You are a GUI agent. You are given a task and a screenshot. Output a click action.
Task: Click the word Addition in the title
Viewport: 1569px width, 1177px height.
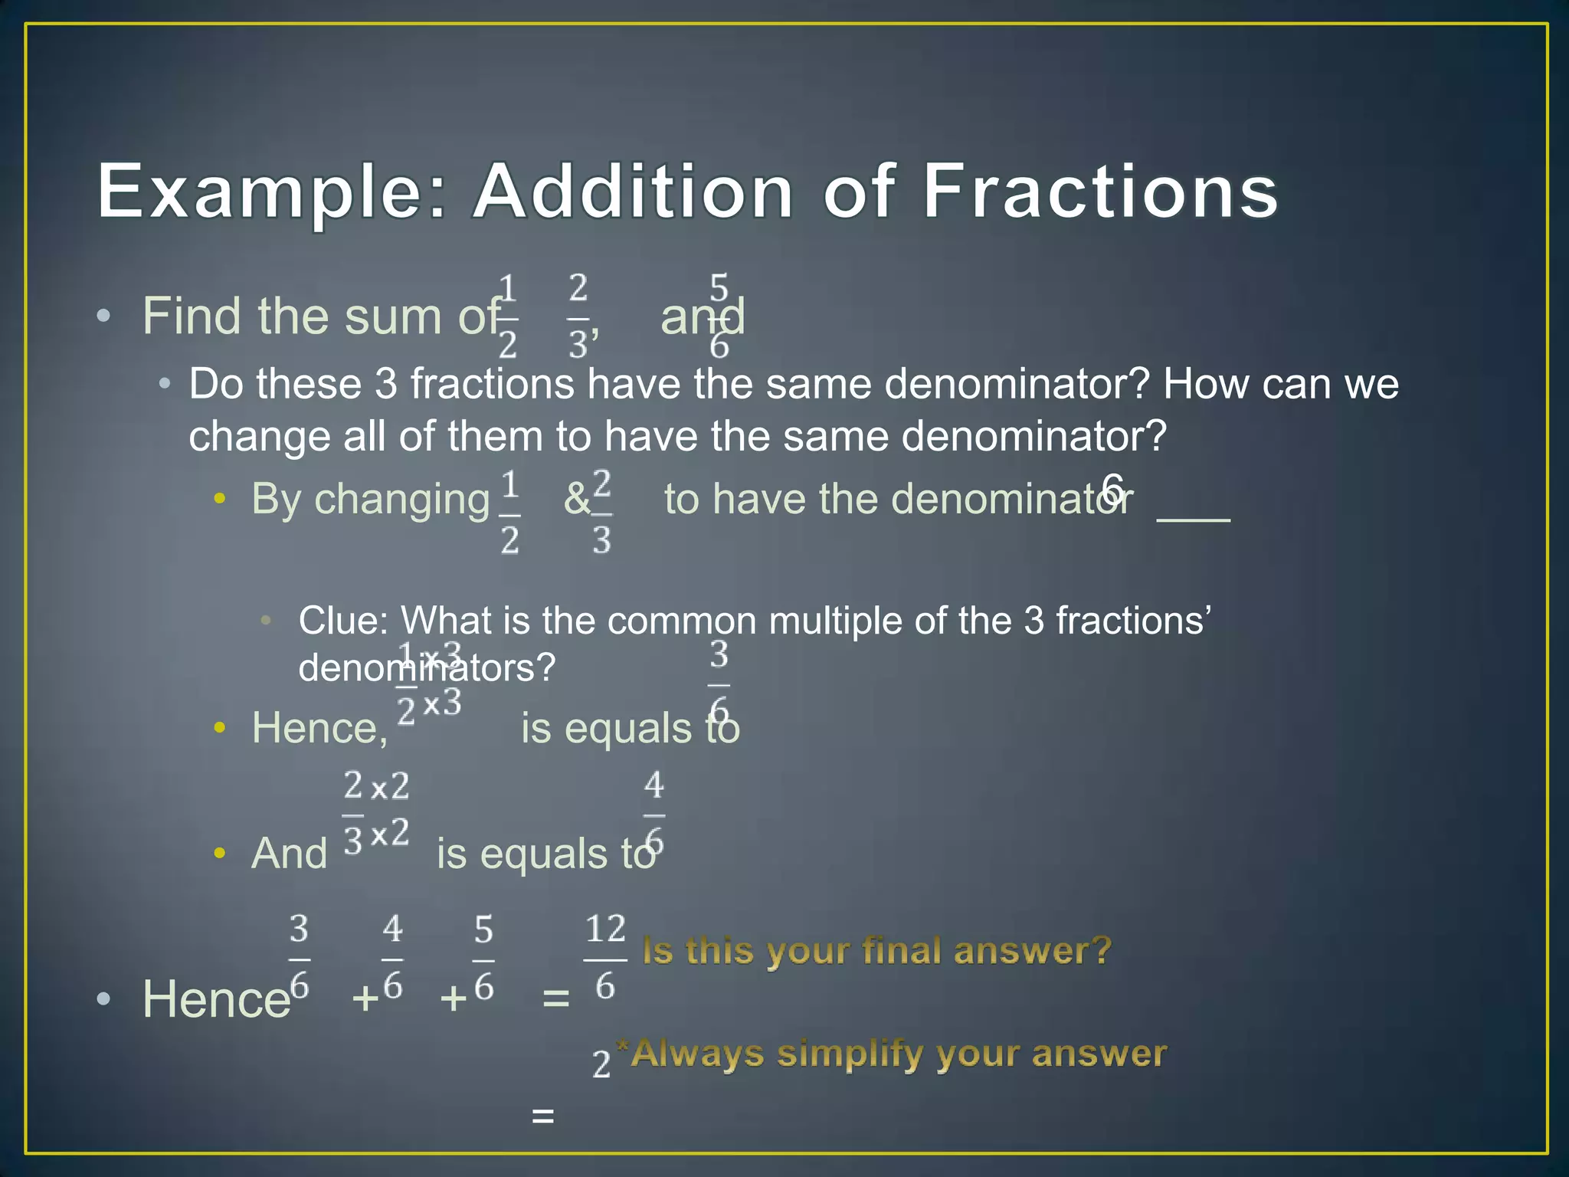[x=634, y=191]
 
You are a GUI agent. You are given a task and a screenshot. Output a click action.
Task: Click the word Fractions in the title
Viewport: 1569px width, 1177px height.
[x=1100, y=191]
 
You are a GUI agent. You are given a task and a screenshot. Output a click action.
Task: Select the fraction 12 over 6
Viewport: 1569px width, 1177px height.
[x=605, y=958]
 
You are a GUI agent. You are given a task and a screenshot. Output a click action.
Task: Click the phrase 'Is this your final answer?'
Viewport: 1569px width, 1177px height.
[x=876, y=951]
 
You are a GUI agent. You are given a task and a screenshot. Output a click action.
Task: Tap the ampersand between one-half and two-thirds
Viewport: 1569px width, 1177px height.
[x=577, y=500]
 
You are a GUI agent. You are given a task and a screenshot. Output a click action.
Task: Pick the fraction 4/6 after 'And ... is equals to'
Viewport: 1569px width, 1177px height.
[x=653, y=815]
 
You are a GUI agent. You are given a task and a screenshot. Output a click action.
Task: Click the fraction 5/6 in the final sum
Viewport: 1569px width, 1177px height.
[x=483, y=959]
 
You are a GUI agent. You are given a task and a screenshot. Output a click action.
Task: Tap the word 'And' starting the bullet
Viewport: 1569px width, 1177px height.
[x=290, y=854]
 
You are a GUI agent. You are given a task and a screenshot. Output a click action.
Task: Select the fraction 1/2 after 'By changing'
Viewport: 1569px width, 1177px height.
[x=509, y=513]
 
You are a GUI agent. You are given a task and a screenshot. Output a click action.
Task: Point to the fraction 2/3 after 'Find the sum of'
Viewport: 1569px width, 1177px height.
[x=579, y=316]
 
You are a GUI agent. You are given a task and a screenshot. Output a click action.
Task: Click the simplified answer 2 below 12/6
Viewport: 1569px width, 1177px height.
[x=601, y=1064]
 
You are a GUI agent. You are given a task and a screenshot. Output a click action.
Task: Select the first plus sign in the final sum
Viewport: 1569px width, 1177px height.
[x=365, y=998]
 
